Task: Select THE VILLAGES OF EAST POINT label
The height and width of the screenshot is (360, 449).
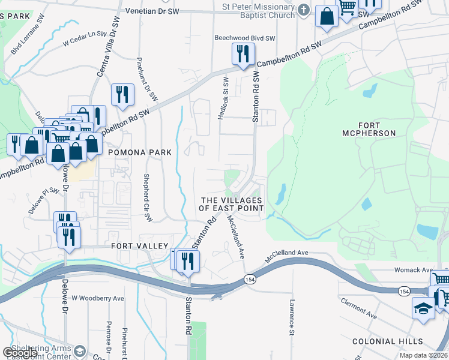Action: coord(232,204)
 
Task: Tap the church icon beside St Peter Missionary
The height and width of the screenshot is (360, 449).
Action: coord(304,10)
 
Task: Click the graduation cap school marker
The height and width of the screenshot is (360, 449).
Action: coord(423,308)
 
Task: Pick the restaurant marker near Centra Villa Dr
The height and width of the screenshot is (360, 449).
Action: coord(122,94)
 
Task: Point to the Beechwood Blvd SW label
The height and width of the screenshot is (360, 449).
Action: coord(245,38)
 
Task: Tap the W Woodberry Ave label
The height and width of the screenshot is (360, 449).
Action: coord(98,298)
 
